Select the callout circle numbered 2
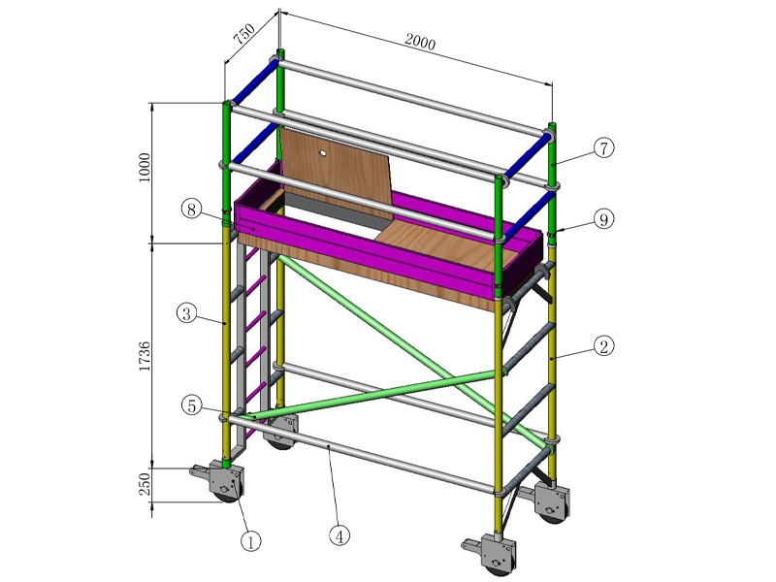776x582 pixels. [x=602, y=345]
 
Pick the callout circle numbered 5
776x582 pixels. [x=192, y=405]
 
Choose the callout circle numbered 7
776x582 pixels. [x=602, y=148]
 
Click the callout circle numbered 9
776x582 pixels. [x=602, y=220]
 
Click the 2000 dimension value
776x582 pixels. [x=420, y=44]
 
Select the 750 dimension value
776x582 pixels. [x=243, y=35]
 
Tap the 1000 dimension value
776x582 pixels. [x=145, y=171]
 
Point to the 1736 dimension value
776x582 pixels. [x=145, y=356]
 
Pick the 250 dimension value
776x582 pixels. [x=145, y=483]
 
